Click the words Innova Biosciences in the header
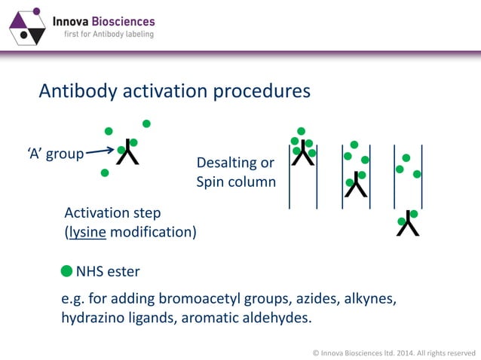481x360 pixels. [103, 21]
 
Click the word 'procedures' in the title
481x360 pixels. [261, 91]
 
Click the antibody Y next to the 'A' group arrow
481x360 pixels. [127, 153]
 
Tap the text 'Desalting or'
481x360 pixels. [234, 163]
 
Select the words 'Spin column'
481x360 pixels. [236, 182]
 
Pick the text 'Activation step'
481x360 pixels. [112, 213]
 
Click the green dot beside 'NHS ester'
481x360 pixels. [67, 270]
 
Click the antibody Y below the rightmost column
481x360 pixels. [408, 223]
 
